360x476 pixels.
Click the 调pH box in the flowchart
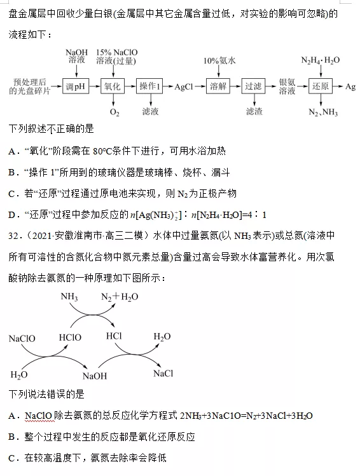coord(75,86)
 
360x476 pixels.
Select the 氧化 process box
coord(113,86)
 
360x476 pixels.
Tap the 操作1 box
coord(149,86)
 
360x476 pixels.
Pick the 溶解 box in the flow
coord(218,86)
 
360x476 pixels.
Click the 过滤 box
coord(253,86)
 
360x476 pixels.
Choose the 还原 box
coord(321,86)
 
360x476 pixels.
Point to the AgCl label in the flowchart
coord(184,87)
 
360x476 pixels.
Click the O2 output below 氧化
coord(114,112)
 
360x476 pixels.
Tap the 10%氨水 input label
coord(219,61)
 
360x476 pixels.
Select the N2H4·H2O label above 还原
coord(321,60)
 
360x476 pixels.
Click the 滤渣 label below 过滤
coord(254,112)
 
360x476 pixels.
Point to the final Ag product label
coord(350,87)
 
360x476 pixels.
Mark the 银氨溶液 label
coord(287,86)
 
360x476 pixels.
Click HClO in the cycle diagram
coord(70,337)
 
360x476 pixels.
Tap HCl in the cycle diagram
coord(114,336)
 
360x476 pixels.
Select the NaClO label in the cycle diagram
coord(22,339)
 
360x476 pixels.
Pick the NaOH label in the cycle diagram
coord(95,376)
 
